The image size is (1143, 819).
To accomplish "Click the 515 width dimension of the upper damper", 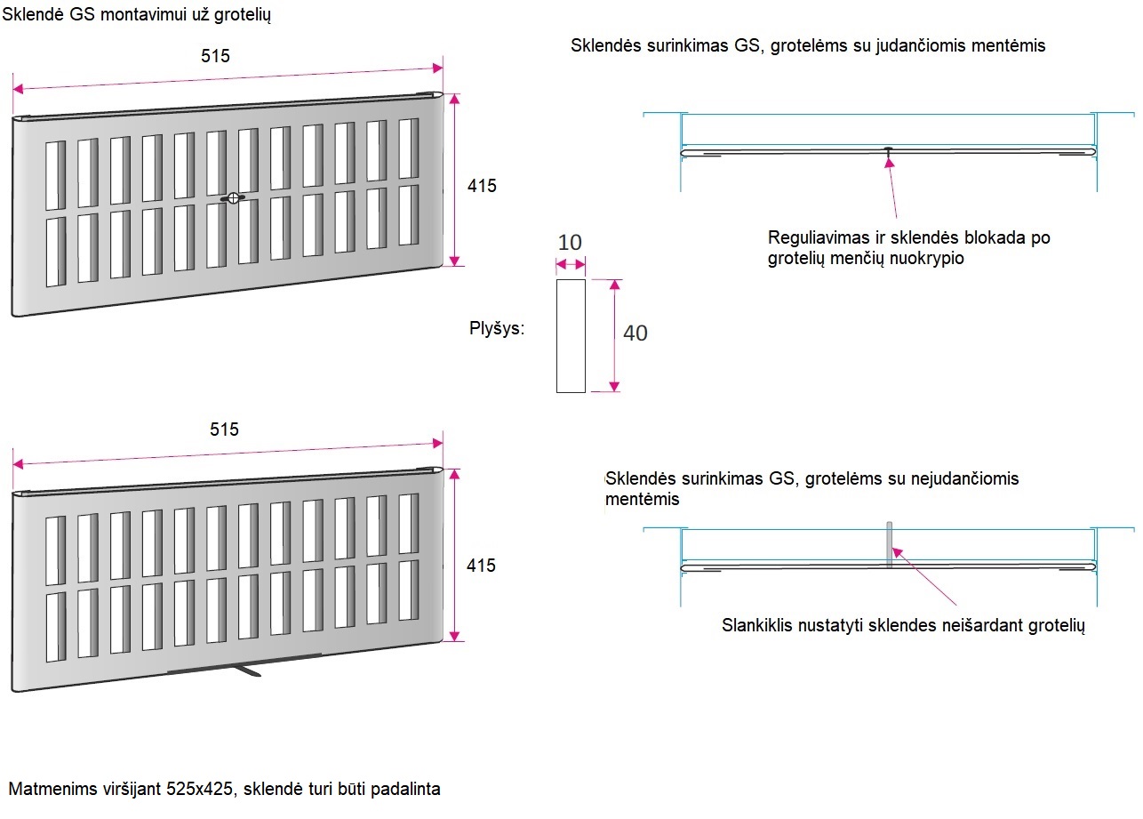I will pos(215,57).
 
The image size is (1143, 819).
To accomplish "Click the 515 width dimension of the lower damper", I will pos(224,430).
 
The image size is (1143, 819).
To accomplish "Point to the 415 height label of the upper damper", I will pos(482,186).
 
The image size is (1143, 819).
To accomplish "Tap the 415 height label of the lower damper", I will pos(482,566).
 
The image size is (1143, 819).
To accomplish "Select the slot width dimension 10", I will pos(570,242).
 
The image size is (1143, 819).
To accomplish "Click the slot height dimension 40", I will pos(635,333).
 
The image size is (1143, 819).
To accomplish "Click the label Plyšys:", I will pos(497,329).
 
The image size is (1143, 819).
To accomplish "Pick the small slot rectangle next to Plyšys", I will pos(571,335).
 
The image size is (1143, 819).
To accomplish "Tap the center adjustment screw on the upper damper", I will pos(233,198).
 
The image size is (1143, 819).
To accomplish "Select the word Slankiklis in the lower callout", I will pos(759,625).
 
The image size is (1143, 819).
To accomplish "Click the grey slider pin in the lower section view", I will pos(889,543).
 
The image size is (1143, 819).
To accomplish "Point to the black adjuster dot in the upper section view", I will pos(889,149).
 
